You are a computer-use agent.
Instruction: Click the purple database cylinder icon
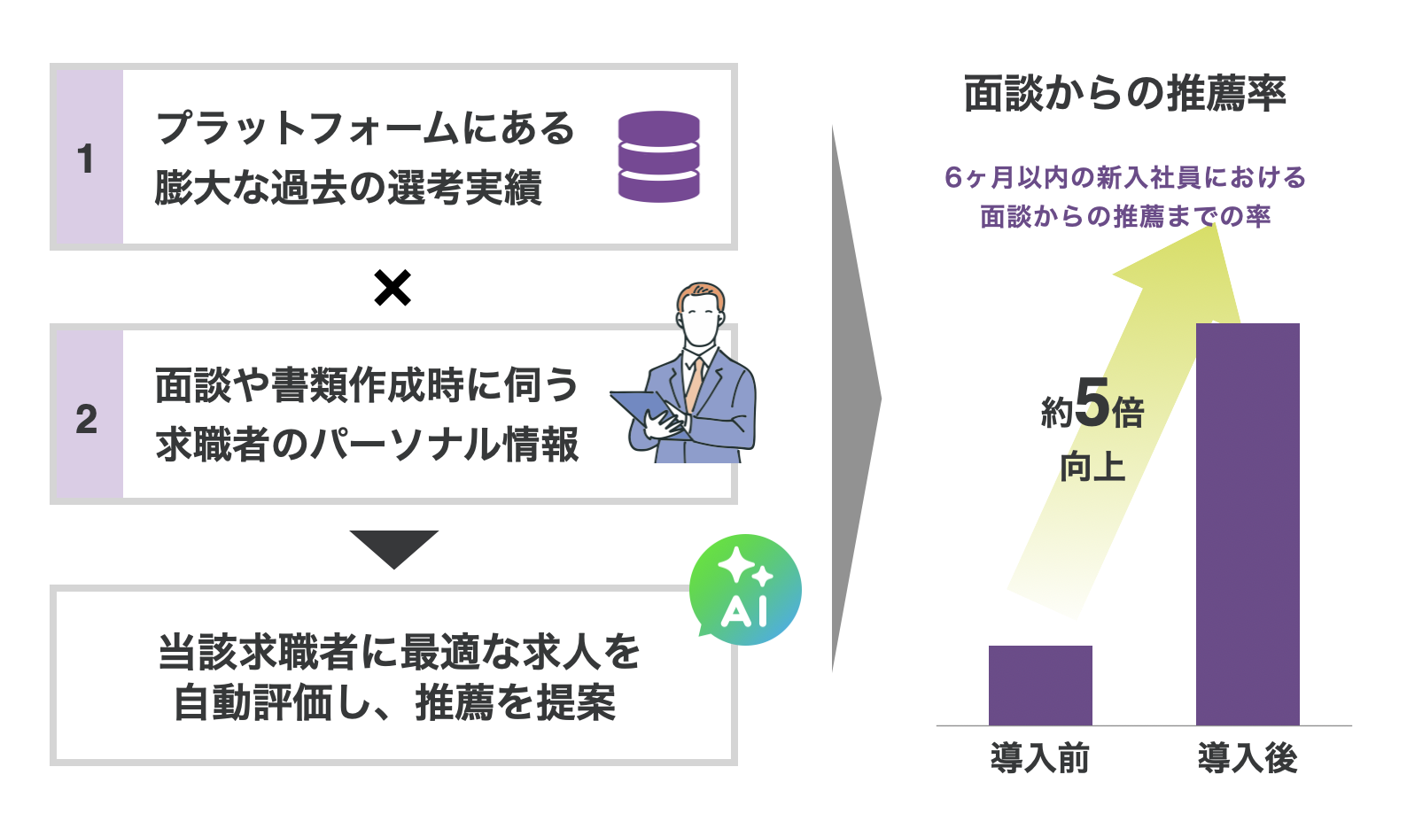(658, 157)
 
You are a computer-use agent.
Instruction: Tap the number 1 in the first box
(86, 159)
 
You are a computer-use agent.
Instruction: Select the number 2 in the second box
(87, 419)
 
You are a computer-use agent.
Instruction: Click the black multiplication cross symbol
(393, 288)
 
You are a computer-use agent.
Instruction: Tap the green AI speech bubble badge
(745, 590)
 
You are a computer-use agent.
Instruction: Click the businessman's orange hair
(700, 295)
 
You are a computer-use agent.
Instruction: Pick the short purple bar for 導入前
(1040, 686)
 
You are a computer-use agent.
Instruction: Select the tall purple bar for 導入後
(1248, 524)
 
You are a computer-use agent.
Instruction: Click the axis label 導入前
(1040, 758)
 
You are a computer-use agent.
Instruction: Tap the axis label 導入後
(1248, 758)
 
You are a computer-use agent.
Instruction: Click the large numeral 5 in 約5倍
(1092, 403)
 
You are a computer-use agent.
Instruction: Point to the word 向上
(1092, 468)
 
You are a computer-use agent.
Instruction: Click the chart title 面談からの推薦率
(1125, 94)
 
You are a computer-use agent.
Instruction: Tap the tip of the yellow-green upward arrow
(1214, 224)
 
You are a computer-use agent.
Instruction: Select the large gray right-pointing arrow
(857, 399)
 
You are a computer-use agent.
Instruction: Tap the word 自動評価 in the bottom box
(253, 702)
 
